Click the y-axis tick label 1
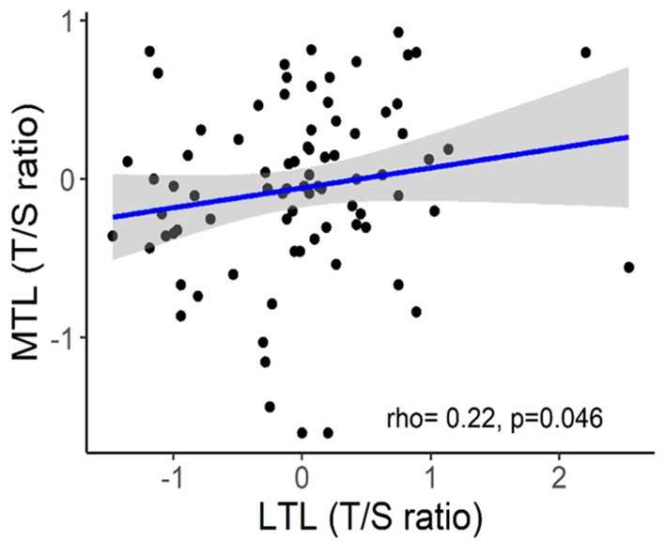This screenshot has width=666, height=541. pyautogui.click(x=71, y=21)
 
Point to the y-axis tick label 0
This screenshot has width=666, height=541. pyautogui.click(x=71, y=178)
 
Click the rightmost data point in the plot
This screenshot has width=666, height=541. pyautogui.click(x=628, y=268)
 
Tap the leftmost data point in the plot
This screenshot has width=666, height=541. pyautogui.click(x=113, y=236)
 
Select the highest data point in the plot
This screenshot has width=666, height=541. pyautogui.click(x=398, y=32)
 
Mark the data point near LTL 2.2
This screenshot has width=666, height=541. pyautogui.click(x=585, y=53)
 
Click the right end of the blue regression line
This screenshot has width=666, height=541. pyautogui.click(x=627, y=136)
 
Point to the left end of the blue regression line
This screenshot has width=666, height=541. pyautogui.click(x=113, y=217)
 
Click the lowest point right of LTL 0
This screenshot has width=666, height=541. pyautogui.click(x=328, y=433)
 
